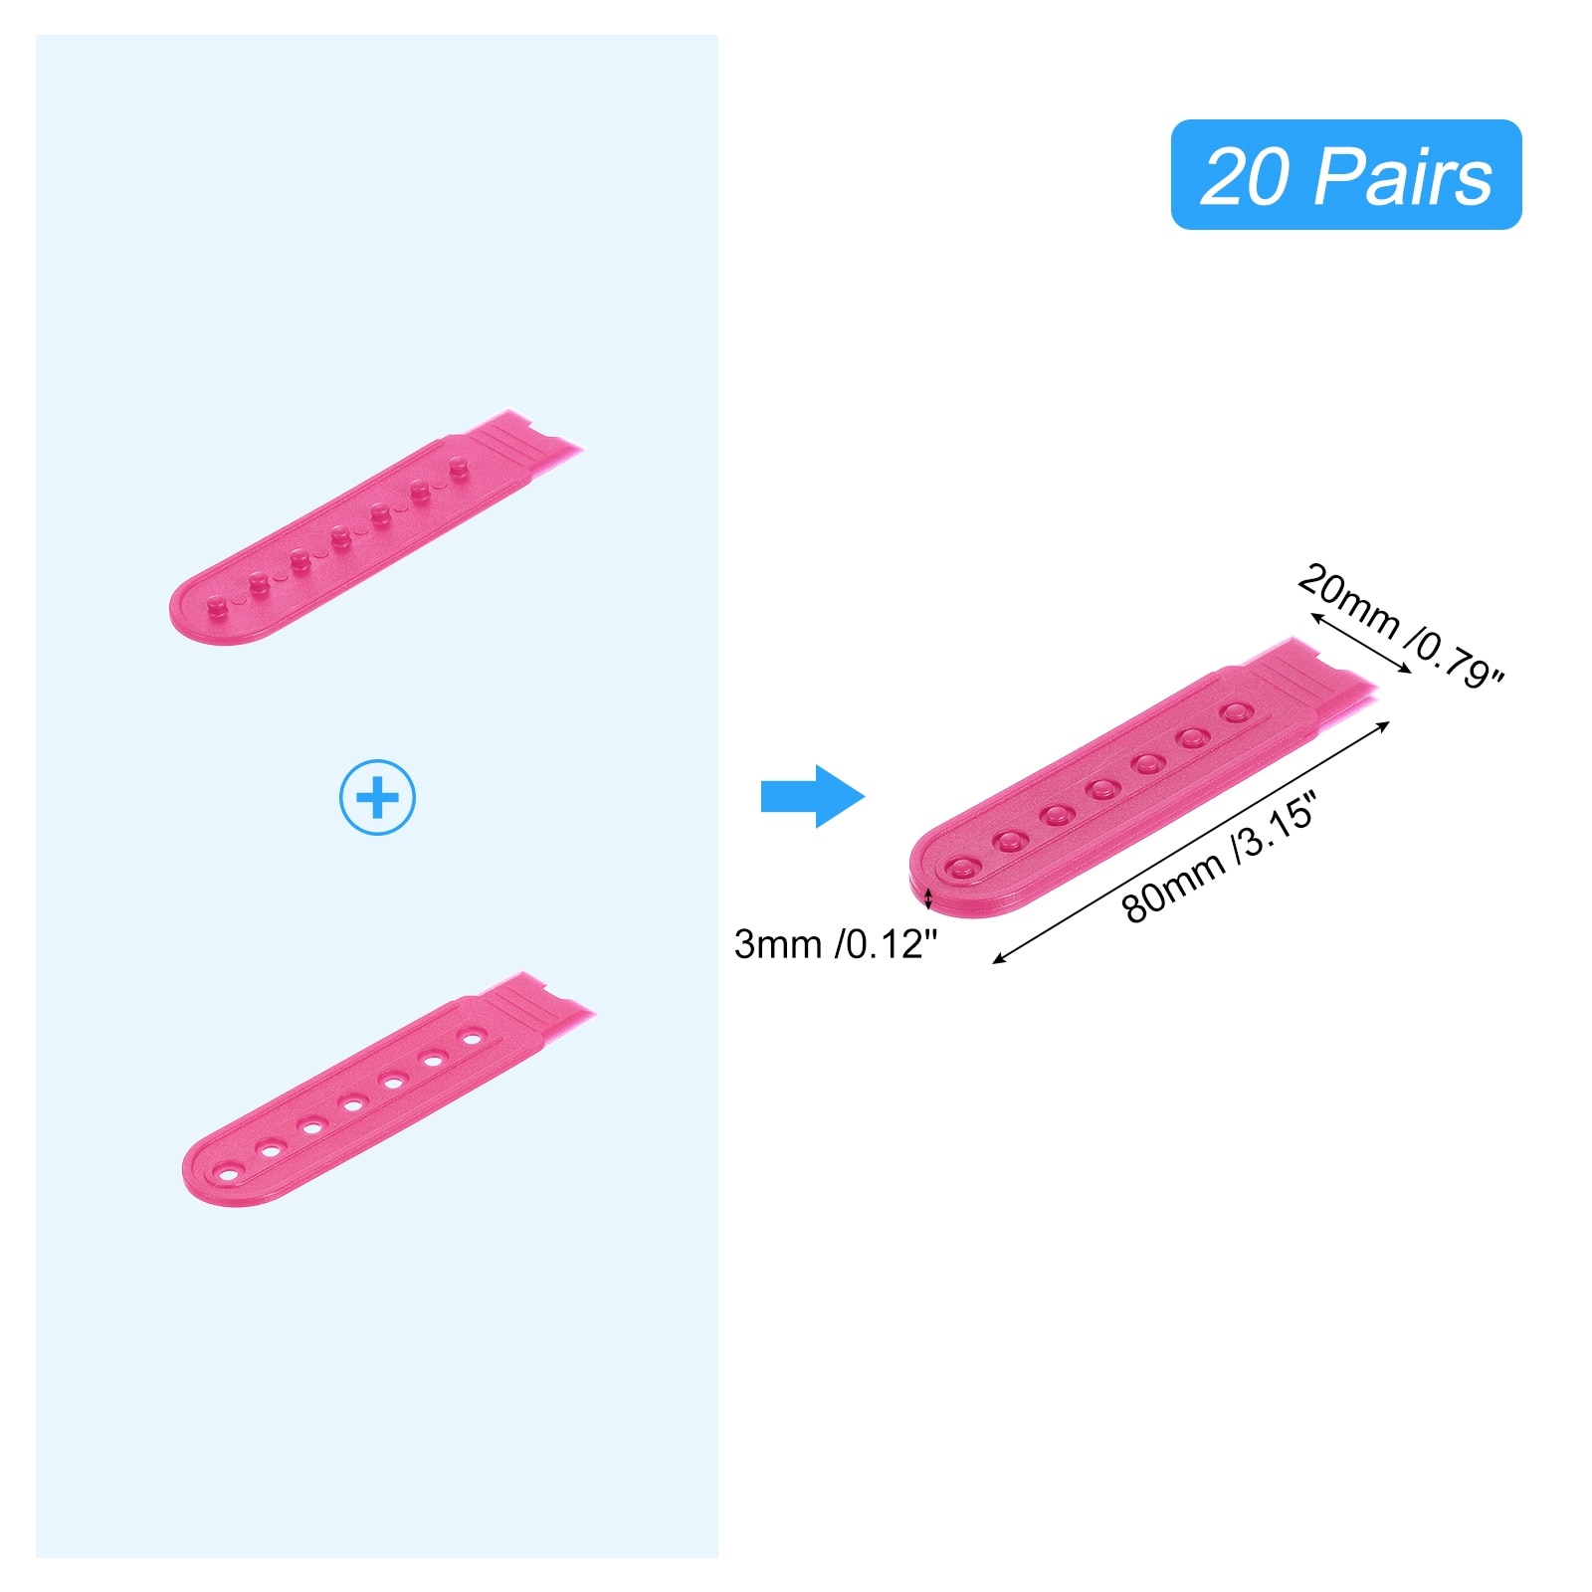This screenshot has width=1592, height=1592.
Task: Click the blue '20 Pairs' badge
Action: (x=1345, y=175)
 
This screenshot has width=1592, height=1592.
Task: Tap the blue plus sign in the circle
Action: (x=377, y=797)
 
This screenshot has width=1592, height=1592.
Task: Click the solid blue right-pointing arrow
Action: (x=813, y=796)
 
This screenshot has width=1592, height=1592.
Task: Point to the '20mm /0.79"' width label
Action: (x=1401, y=627)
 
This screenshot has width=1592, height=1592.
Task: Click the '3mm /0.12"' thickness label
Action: (x=836, y=944)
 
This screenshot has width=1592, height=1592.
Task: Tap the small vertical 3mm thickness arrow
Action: (x=929, y=898)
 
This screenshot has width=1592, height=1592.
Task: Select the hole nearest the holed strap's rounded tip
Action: (x=229, y=1174)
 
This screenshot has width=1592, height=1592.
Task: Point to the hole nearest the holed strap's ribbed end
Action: (x=472, y=1037)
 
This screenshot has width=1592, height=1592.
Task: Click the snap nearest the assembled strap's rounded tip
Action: (x=961, y=868)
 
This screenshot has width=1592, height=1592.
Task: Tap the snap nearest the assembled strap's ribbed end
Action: (x=1237, y=712)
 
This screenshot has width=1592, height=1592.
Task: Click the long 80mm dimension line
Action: (x=1192, y=842)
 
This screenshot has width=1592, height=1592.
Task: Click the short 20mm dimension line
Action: (x=1361, y=643)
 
